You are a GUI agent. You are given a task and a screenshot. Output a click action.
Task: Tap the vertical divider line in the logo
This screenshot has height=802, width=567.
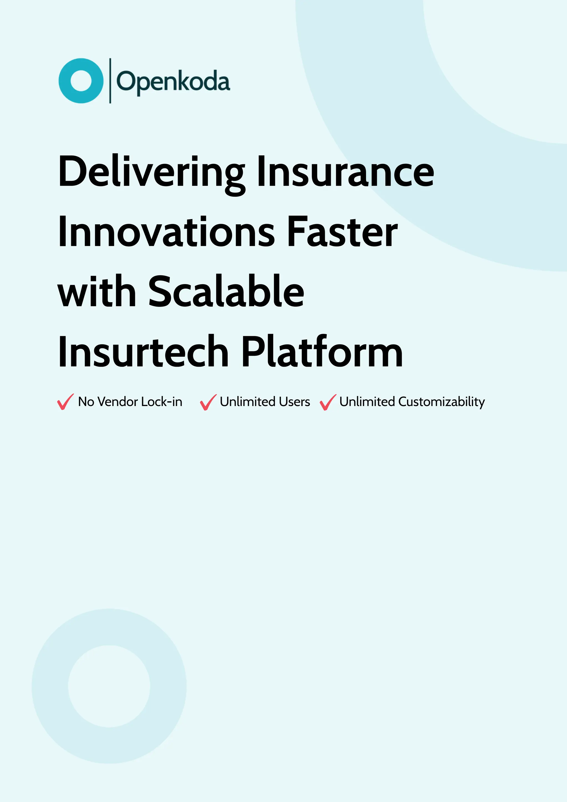[110, 81]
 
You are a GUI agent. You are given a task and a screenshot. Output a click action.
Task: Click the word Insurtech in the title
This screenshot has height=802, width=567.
[143, 352]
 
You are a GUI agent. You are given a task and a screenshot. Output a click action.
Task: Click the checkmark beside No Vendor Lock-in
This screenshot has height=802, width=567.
[65, 402]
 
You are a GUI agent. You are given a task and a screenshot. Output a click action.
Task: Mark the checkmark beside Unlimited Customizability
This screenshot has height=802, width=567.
[328, 402]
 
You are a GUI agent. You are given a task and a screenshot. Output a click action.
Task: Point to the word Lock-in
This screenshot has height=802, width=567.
[162, 402]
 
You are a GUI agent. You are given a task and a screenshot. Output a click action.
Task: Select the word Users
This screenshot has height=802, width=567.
[294, 402]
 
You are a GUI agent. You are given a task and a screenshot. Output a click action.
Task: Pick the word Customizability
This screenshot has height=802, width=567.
[441, 402]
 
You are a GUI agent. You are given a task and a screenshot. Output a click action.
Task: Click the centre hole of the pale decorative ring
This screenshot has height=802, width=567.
[109, 686]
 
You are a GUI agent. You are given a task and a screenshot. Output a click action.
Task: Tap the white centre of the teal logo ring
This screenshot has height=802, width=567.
[81, 81]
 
